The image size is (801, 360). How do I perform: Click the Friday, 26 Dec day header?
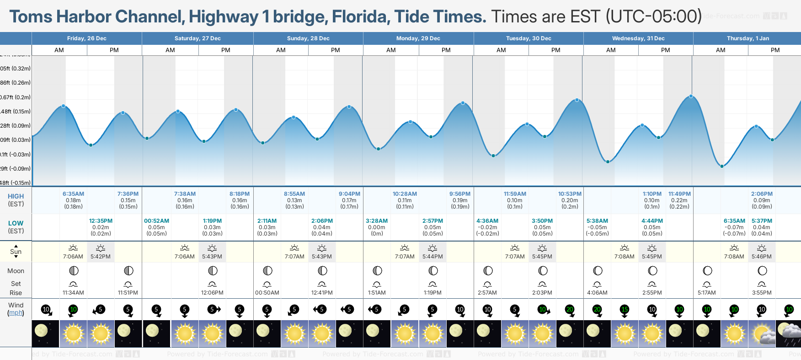pos(86,38)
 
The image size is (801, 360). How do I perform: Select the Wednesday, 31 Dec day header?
pos(638,38)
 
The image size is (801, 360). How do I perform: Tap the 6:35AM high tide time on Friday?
pos(73,194)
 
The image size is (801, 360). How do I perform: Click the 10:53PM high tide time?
pos(570,194)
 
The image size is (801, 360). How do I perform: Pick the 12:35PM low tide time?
pos(101,221)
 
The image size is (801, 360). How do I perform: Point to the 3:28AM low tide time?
pos(377,221)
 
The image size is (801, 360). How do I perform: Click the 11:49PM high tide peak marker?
pos(691,96)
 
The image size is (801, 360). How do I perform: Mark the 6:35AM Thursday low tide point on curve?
pos(722,166)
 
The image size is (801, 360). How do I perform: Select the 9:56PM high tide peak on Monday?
pos(463,103)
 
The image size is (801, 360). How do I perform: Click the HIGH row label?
pos(16,196)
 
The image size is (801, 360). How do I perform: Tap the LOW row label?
pos(16,223)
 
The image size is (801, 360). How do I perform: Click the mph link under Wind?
pos(16,313)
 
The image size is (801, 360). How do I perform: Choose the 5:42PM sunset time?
pos(101,257)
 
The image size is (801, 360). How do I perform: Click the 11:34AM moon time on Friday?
pos(73,293)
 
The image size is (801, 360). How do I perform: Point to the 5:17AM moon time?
pos(707,293)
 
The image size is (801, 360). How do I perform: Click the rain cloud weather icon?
pos(789,333)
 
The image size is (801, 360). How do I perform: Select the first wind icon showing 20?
pos(570,310)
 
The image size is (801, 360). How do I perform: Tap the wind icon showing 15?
pos(625,310)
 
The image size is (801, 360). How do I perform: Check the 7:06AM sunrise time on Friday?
pos(73,257)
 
